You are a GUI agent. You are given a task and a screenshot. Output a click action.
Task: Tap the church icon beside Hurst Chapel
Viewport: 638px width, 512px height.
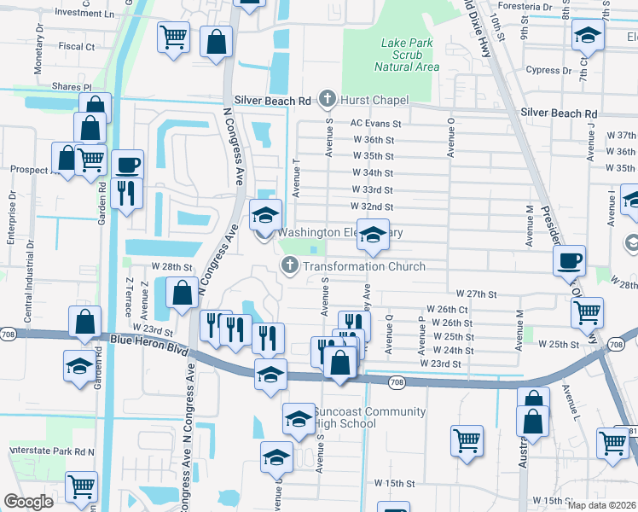pyautogui.click(x=326, y=100)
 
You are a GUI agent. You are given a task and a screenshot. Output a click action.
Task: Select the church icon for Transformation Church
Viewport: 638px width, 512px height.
pyautogui.click(x=290, y=266)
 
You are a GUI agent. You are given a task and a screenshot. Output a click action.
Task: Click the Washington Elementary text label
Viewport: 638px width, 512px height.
pyautogui.click(x=339, y=232)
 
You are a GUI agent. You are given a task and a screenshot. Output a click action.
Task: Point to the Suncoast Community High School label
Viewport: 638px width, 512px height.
pyautogui.click(x=369, y=417)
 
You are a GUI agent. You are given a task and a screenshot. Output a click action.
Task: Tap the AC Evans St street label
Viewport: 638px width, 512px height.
pyautogui.click(x=375, y=124)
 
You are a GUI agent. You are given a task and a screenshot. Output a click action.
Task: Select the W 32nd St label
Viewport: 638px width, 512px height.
pyautogui.click(x=372, y=207)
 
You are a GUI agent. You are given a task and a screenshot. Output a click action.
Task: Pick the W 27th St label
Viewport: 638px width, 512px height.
pyautogui.click(x=476, y=294)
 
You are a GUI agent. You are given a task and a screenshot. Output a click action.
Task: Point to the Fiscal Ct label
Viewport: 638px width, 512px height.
pyautogui.click(x=77, y=46)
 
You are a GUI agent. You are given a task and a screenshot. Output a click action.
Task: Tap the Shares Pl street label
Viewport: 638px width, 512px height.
pyautogui.click(x=71, y=87)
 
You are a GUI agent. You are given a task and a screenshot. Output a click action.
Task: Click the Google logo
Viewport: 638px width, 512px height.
pyautogui.click(x=28, y=502)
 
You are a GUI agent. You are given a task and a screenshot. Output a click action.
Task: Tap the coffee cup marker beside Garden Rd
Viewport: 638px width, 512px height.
pyautogui.click(x=128, y=164)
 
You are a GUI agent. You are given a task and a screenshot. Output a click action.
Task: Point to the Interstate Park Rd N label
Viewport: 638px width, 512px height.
pyautogui.click(x=50, y=450)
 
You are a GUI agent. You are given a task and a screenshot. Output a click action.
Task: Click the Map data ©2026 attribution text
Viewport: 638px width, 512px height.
pyautogui.click(x=601, y=504)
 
